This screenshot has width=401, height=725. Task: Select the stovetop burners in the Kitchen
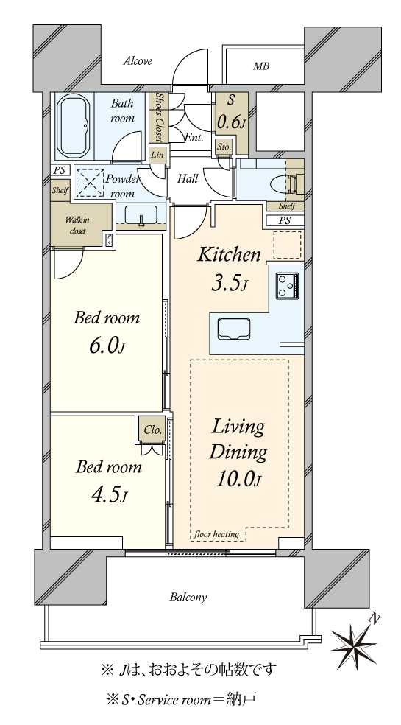[x=287, y=284]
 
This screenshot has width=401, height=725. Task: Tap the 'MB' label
[x=261, y=67]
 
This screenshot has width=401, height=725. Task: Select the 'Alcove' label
[x=138, y=61]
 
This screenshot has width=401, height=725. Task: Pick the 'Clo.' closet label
[x=152, y=429]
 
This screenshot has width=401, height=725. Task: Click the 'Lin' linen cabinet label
[x=157, y=154]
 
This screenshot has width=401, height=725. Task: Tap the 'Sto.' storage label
[x=224, y=148]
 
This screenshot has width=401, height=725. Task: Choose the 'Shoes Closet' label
[x=157, y=117]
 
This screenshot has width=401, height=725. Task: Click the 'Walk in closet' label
[x=77, y=225]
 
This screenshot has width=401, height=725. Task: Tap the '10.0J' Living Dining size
[x=238, y=480]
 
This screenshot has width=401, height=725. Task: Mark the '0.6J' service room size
[x=231, y=122]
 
